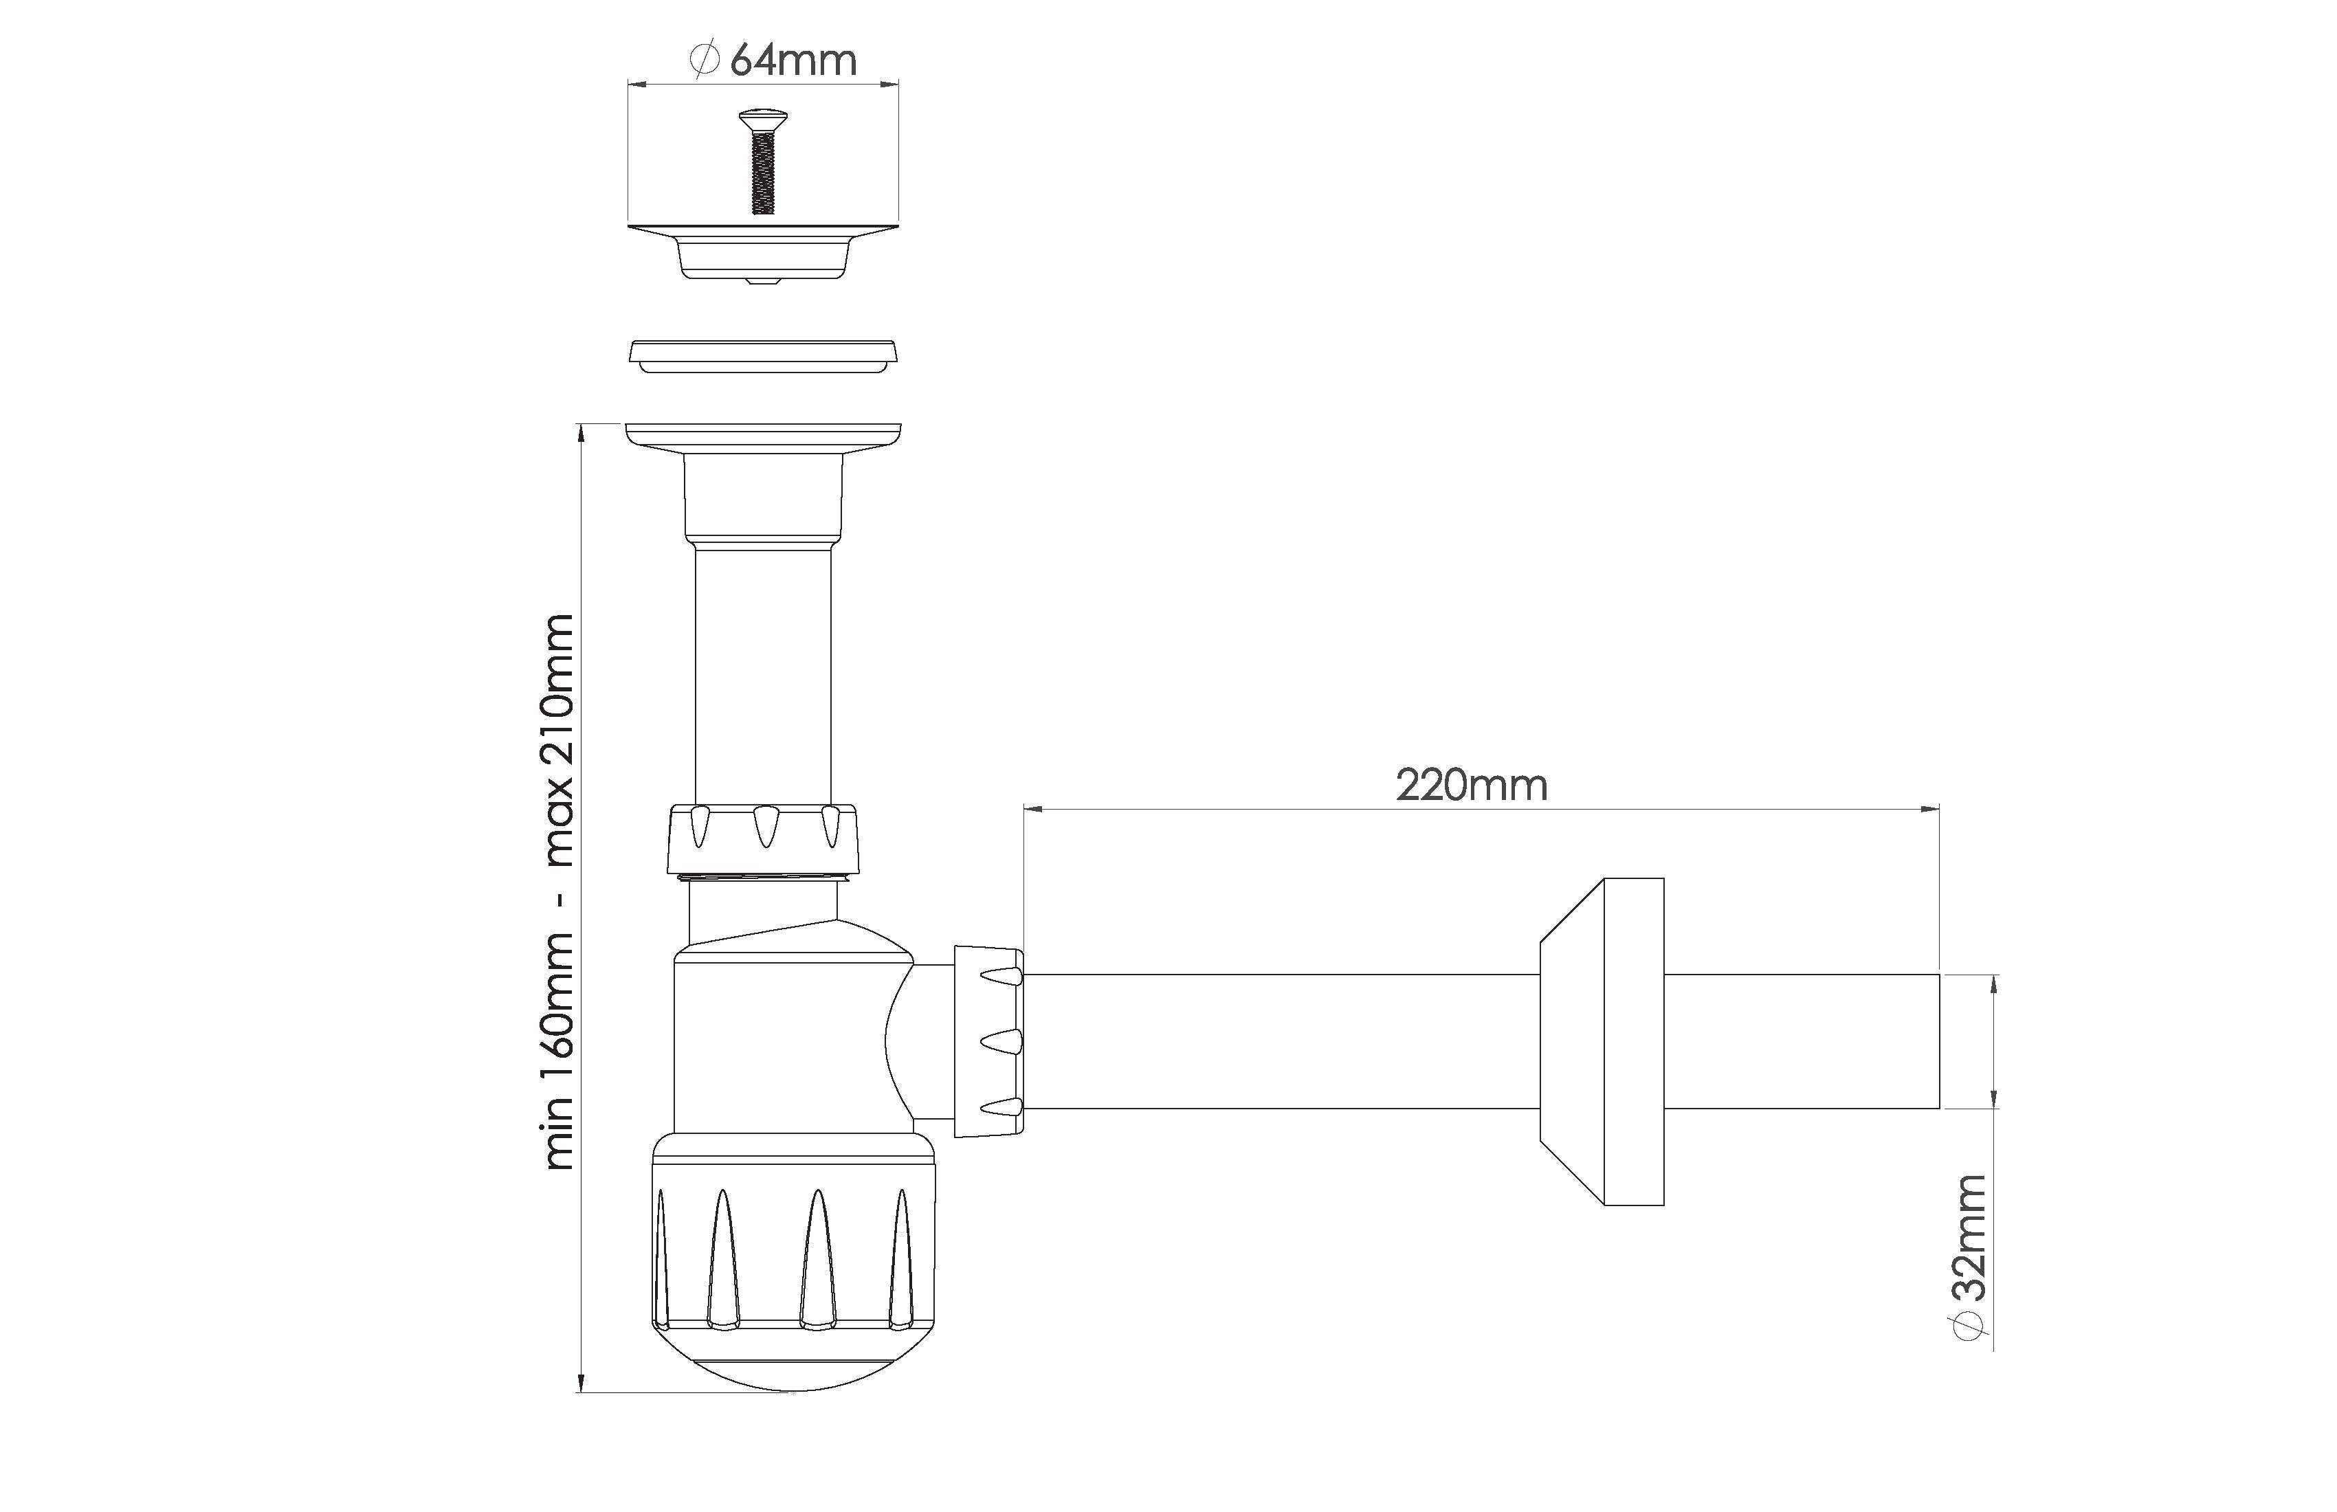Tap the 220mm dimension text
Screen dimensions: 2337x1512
pyautogui.click(x=1472, y=786)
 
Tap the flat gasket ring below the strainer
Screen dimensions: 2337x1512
pyautogui.click(x=763, y=355)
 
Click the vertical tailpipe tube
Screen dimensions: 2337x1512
pyautogui.click(x=763, y=676)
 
